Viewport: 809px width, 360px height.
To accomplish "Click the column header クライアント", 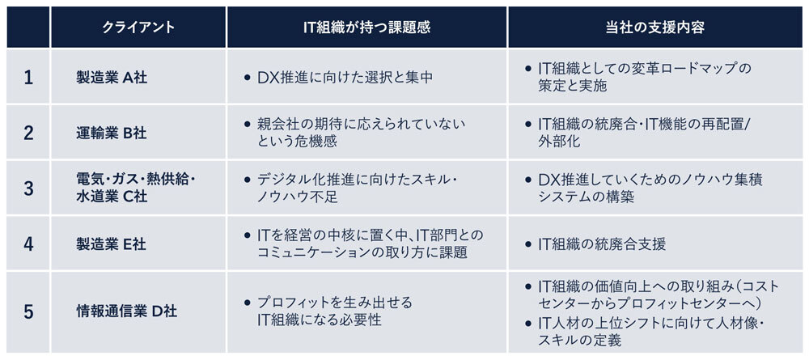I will coord(138,28).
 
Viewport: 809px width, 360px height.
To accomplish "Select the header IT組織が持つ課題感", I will coord(366,28).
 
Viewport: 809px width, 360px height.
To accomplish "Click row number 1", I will coord(28,78).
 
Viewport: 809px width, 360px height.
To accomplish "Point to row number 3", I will coord(28,188).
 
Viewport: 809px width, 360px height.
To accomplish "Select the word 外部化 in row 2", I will coord(558,142).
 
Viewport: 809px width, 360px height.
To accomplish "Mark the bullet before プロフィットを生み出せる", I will coord(248,303).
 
